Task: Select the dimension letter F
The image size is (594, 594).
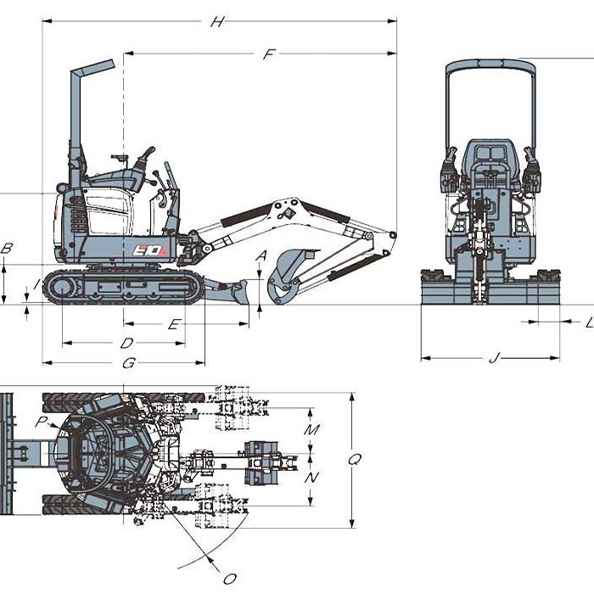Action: (x=269, y=54)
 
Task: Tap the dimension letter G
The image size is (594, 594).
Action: (x=129, y=363)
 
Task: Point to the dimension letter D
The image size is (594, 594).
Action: (x=126, y=344)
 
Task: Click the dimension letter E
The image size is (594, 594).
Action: (x=173, y=324)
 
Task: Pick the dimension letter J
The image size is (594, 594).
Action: (x=494, y=358)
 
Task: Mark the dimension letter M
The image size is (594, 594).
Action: (x=311, y=430)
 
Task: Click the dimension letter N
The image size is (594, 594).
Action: (x=311, y=478)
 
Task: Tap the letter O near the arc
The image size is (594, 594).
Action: (x=228, y=579)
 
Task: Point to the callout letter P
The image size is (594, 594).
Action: (x=41, y=421)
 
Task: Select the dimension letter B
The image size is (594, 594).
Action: (x=7, y=249)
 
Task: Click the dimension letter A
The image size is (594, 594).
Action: (x=261, y=255)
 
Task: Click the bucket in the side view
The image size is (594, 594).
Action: (x=287, y=276)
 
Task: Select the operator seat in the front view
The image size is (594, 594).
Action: (x=490, y=161)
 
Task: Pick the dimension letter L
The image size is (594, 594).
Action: (x=589, y=322)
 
